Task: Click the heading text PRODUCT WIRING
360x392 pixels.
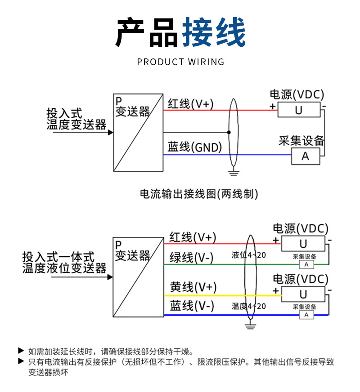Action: pos(180,62)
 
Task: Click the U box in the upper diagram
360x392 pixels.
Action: pos(299,110)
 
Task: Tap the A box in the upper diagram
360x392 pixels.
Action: pos(305,156)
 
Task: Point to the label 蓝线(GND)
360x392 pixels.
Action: pos(195,147)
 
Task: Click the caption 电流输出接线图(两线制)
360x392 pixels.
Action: pos(199,194)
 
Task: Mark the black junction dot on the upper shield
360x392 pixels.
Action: pos(229,132)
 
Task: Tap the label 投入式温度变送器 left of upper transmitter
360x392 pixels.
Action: pos(76,119)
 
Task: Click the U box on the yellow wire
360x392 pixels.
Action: pos(303,294)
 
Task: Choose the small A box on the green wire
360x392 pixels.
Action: pos(306,264)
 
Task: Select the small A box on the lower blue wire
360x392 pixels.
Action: pos(306,315)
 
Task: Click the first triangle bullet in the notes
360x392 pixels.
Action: pos(20,350)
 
